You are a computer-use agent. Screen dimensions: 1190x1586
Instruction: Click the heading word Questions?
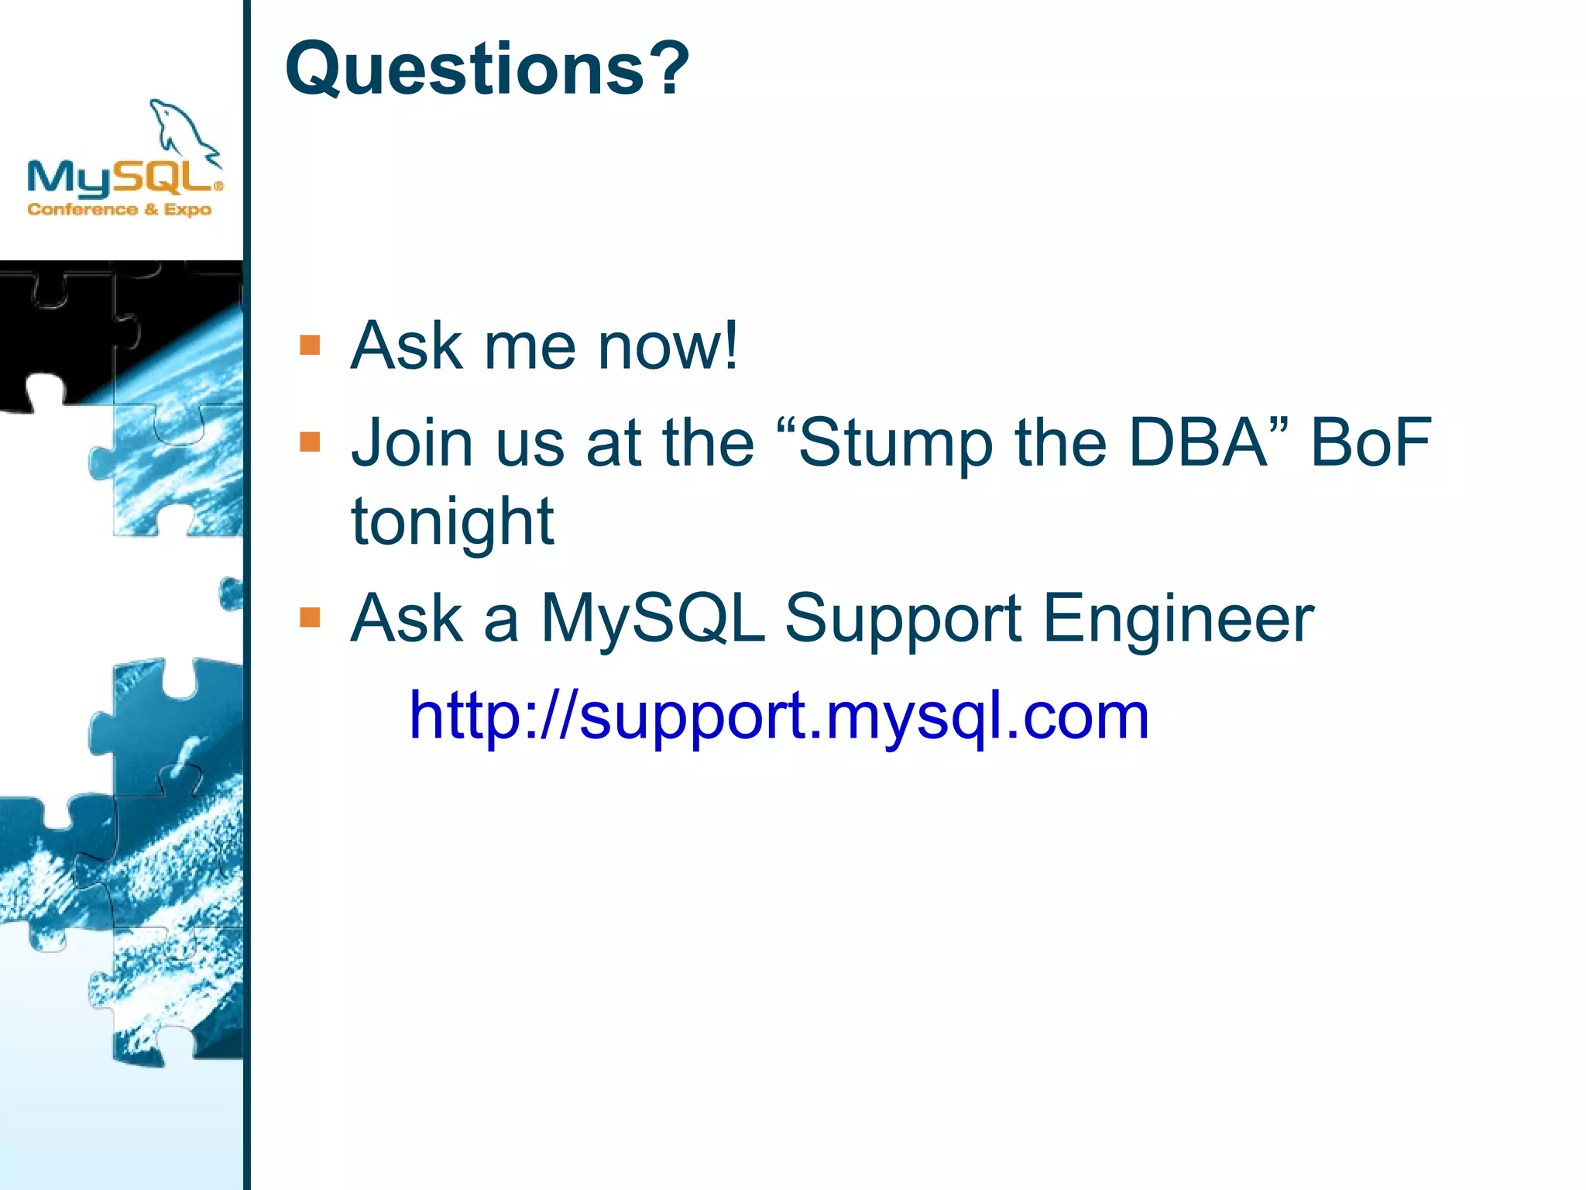pos(487,69)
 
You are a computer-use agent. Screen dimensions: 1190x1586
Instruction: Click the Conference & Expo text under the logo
pos(119,209)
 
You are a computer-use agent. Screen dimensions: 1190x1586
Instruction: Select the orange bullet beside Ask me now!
pos(310,345)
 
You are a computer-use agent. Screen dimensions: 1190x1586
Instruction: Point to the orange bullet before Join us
pos(310,442)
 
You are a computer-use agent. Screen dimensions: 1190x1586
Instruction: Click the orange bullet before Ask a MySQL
pos(310,617)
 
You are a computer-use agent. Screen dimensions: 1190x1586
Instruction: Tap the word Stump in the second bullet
pos(895,443)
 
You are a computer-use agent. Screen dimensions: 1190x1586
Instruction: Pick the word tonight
pos(453,522)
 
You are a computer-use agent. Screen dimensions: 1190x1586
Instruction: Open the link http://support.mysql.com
pos(778,716)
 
